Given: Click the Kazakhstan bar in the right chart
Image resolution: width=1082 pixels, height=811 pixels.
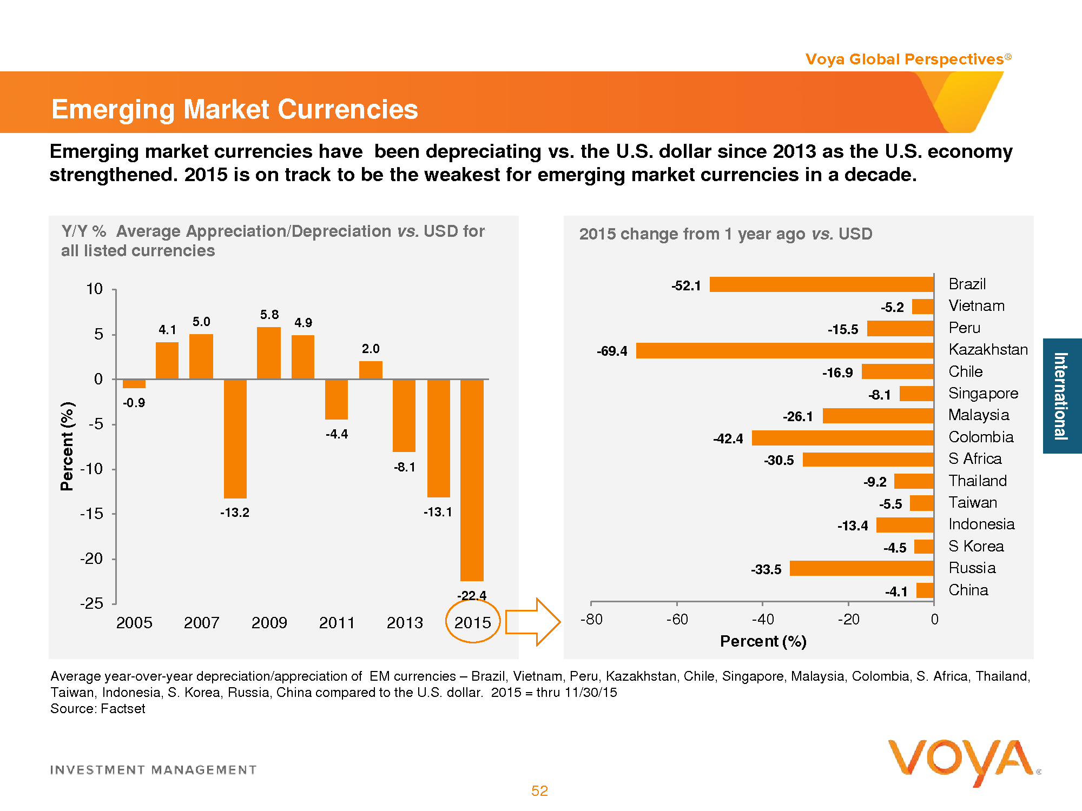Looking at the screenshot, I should pyautogui.click(x=784, y=350).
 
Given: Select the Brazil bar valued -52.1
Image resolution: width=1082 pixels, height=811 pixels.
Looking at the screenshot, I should pyautogui.click(x=821, y=284).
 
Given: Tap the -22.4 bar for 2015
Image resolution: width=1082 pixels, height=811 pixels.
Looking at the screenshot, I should pyautogui.click(x=472, y=480).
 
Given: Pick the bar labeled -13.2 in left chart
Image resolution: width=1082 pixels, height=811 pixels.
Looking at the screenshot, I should pyautogui.click(x=235, y=438).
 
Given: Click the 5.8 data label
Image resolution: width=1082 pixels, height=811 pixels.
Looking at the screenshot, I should pyautogui.click(x=269, y=315).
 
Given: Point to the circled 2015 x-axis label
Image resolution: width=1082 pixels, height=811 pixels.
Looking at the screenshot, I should pyautogui.click(x=472, y=623).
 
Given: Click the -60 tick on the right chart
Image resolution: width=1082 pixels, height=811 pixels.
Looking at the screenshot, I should pyautogui.click(x=677, y=619).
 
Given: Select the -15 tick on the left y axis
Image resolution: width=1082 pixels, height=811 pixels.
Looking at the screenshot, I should pyautogui.click(x=91, y=514).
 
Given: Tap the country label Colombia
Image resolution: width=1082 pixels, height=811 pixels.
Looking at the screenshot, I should pyautogui.click(x=981, y=437).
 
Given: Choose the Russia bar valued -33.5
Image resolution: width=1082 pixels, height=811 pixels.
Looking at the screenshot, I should pyautogui.click(x=861, y=568).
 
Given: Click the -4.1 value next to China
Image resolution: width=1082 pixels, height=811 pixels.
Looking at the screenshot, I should pyautogui.click(x=896, y=591).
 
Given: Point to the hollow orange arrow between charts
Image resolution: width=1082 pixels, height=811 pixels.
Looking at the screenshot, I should pyautogui.click(x=532, y=622).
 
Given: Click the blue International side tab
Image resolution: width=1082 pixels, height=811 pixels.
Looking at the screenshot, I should pyautogui.click(x=1061, y=396).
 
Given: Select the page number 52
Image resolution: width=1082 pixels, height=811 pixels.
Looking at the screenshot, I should pyautogui.click(x=539, y=791).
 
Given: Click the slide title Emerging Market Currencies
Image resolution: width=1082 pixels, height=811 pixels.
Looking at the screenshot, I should pyautogui.click(x=235, y=109).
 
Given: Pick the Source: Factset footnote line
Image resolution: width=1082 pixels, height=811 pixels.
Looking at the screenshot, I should pyautogui.click(x=98, y=709).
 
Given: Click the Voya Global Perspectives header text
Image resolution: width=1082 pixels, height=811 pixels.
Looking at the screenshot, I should pyautogui.click(x=907, y=59).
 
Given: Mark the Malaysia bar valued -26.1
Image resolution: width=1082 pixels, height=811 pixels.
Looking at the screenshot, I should pyautogui.click(x=878, y=416).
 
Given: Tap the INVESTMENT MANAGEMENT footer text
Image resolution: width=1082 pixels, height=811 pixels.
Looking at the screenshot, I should pyautogui.click(x=153, y=770).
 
